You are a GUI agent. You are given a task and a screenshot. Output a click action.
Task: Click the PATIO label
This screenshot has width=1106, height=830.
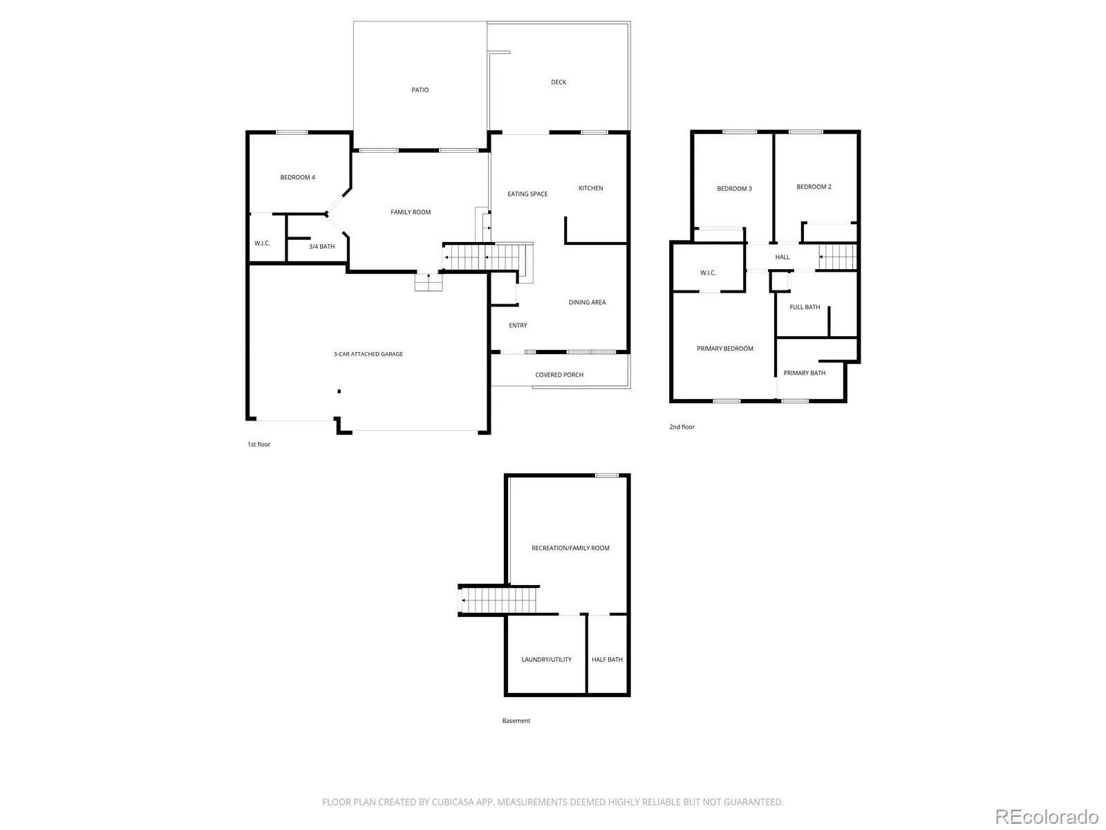coord(420,90)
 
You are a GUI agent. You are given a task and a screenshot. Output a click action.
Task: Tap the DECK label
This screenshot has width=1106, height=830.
coord(559,82)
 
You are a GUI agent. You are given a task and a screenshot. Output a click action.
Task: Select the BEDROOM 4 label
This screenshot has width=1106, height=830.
coord(297,177)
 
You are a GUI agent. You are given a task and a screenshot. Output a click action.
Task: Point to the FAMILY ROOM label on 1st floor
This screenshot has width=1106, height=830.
coord(411,212)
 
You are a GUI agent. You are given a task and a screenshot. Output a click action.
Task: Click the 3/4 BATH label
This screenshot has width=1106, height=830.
coord(321,246)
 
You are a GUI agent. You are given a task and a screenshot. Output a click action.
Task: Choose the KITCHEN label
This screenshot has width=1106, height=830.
coord(590,188)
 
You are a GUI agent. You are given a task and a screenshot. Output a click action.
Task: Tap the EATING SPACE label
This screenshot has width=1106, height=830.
coord(527,194)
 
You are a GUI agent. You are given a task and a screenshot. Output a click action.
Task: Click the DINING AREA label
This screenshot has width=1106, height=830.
coord(587,302)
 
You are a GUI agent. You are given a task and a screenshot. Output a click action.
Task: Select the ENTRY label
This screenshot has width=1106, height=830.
coord(518,326)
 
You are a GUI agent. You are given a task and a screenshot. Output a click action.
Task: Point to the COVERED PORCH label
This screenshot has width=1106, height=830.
coord(559,375)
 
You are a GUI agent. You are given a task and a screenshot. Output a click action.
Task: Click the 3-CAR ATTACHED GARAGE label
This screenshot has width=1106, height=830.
coord(368,354)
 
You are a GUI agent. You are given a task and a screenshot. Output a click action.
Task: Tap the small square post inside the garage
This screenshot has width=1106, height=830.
coord(339,391)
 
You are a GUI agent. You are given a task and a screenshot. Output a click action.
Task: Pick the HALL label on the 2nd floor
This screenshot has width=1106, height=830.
coord(782,257)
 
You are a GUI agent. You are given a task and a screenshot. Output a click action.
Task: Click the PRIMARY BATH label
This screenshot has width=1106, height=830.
coord(804,373)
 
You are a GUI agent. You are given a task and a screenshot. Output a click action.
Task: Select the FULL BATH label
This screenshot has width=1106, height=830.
coord(805,307)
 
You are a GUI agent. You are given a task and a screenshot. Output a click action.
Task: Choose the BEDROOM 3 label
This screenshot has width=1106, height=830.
coord(734,188)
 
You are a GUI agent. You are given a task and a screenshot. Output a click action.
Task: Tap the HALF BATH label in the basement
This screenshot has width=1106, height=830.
coord(607,659)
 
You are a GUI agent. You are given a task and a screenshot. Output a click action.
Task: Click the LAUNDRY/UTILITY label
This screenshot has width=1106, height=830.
coord(546,659)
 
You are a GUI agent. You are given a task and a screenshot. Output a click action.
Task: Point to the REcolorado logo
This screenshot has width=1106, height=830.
coord(1047,816)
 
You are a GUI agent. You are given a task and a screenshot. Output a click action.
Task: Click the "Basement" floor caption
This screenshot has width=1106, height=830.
coord(516,721)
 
